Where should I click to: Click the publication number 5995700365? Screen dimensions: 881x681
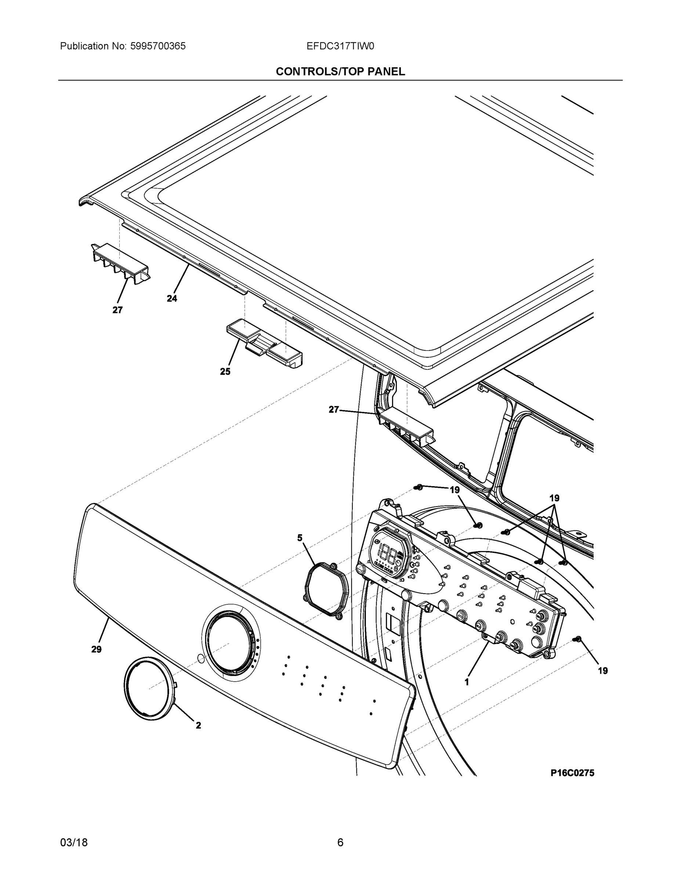click(157, 46)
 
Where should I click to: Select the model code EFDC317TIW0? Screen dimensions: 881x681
click(340, 46)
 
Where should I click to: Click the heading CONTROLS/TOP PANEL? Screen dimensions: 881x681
click(340, 72)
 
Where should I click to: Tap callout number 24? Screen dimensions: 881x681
click(172, 298)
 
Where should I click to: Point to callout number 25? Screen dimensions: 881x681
click(225, 371)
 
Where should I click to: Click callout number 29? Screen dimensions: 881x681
click(96, 649)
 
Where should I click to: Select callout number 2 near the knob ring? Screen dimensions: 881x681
click(198, 725)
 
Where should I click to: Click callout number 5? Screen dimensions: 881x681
click(300, 537)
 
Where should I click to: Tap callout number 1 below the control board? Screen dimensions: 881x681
click(467, 682)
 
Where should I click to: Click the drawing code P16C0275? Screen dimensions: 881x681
click(572, 773)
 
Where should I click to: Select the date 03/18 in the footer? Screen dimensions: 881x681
click(74, 842)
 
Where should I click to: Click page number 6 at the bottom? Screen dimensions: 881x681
click(340, 842)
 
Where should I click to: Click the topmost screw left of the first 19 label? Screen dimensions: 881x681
click(419, 487)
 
